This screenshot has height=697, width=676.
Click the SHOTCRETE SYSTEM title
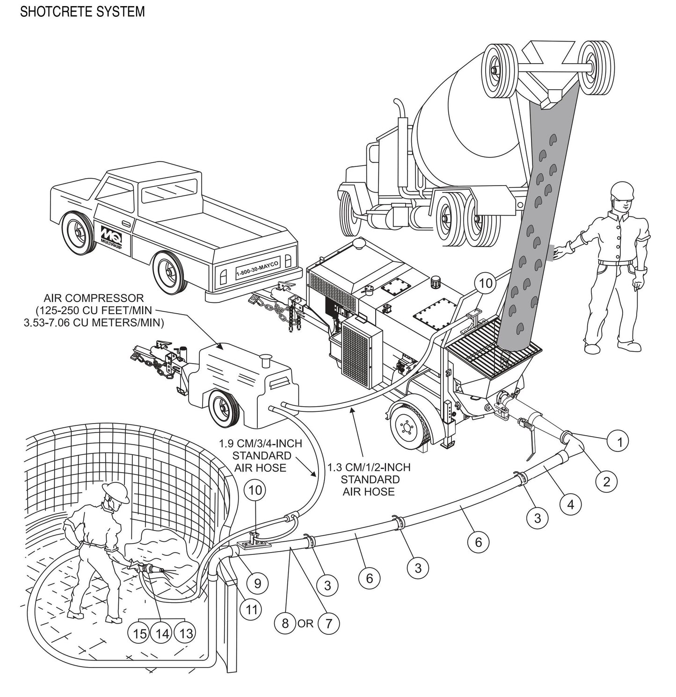pos(82,12)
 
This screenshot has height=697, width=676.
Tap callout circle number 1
pos(620,441)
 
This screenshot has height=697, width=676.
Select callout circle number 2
pos(607,481)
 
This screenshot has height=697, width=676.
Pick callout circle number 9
pos(258,582)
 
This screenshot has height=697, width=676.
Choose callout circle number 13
pos(186,633)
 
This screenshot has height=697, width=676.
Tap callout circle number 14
pos(162,633)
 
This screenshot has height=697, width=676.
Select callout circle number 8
pos(285,623)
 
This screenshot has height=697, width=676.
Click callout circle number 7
pos(329,623)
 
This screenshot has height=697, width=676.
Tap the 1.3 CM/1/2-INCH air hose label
pos(370,479)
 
